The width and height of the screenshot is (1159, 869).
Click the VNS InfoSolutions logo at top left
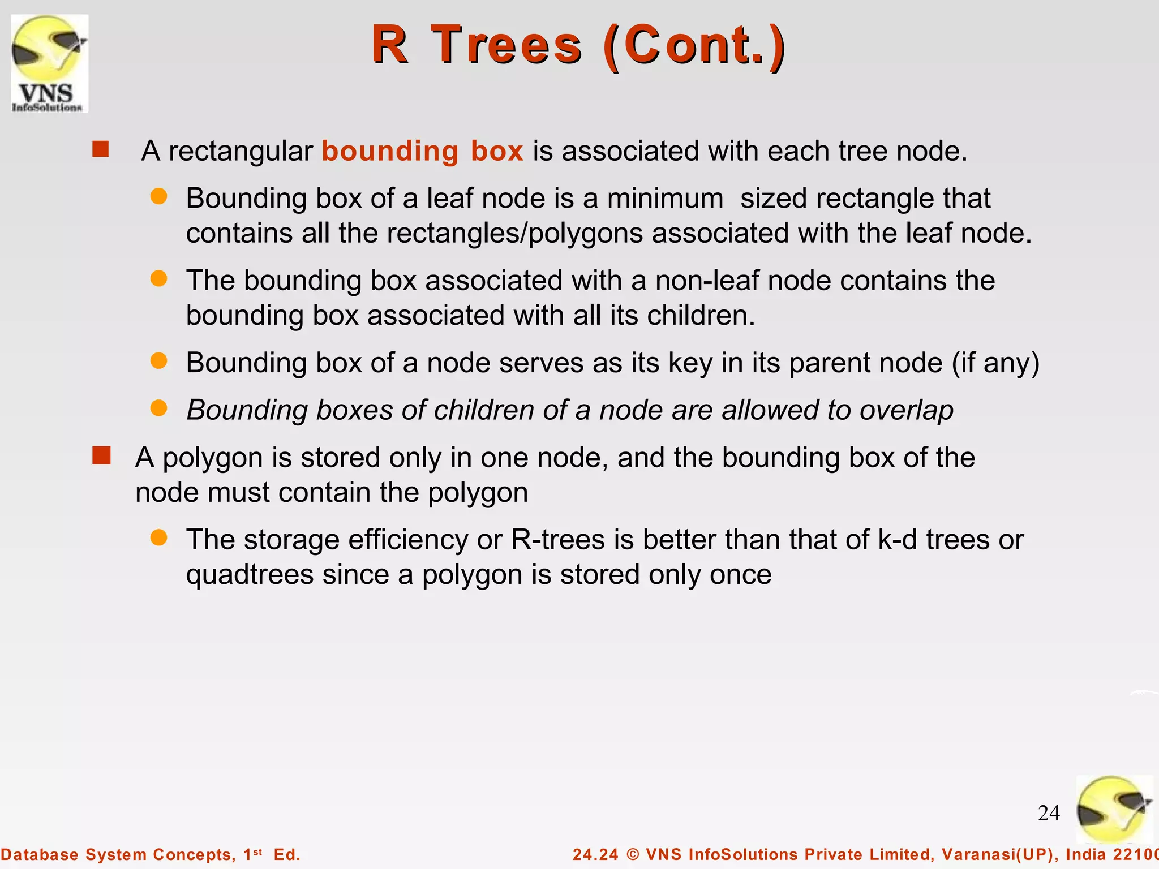click(x=50, y=63)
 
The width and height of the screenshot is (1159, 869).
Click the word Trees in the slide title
click(x=506, y=45)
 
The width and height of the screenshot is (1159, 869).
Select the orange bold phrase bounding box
click(x=422, y=151)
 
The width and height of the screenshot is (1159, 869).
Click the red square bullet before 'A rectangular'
click(x=101, y=149)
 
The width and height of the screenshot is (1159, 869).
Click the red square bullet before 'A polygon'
click(x=101, y=455)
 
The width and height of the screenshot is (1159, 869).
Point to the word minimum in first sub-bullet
click(x=665, y=199)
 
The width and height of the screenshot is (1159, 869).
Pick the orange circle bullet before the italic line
click(x=159, y=408)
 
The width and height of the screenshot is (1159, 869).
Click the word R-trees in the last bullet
click(x=558, y=539)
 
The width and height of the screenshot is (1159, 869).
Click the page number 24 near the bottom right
click(x=1049, y=813)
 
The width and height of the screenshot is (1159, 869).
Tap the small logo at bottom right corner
click(x=1114, y=810)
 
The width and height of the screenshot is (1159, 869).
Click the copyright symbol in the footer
click(x=633, y=854)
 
